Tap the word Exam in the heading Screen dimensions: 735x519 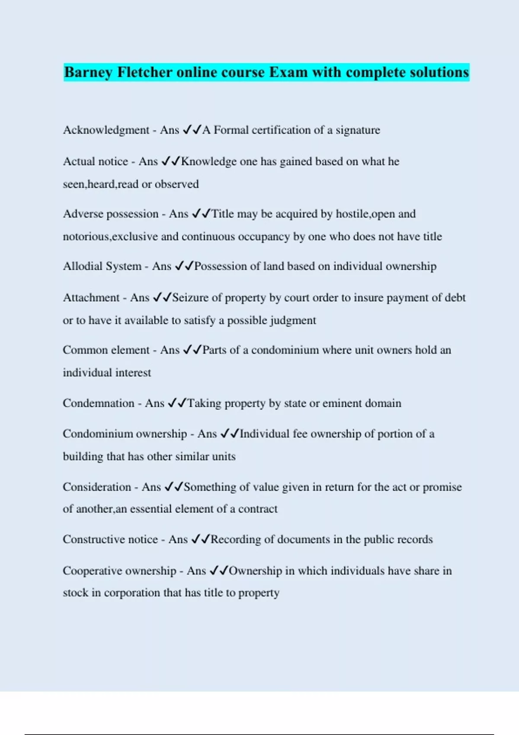pyautogui.click(x=288, y=72)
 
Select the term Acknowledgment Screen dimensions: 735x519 pyautogui.click(x=106, y=130)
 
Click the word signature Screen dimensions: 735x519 pyautogui.click(x=358, y=130)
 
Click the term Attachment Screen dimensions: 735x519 pyautogui.click(x=91, y=298)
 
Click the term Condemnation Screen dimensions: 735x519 pyautogui.click(x=99, y=403)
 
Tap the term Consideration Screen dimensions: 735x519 pyautogui.click(x=97, y=487)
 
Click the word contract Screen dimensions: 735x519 pyautogui.click(x=258, y=509)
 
